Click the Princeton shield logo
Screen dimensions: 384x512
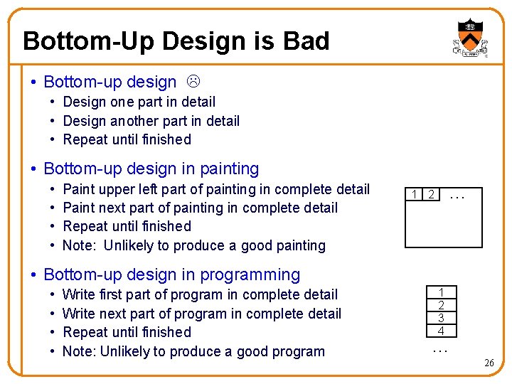pos(469,38)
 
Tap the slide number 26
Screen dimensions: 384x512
pos(489,363)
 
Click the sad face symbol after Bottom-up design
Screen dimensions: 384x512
pos(192,82)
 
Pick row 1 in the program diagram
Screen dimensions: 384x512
pos(441,292)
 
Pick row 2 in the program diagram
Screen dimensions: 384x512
pos(441,305)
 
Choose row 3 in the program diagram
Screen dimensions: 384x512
pos(441,318)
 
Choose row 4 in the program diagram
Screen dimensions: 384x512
pos(441,331)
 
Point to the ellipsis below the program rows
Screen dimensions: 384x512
pos(441,349)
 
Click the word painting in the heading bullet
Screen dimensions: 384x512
pos(224,169)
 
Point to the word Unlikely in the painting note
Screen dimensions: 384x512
pos(129,245)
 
